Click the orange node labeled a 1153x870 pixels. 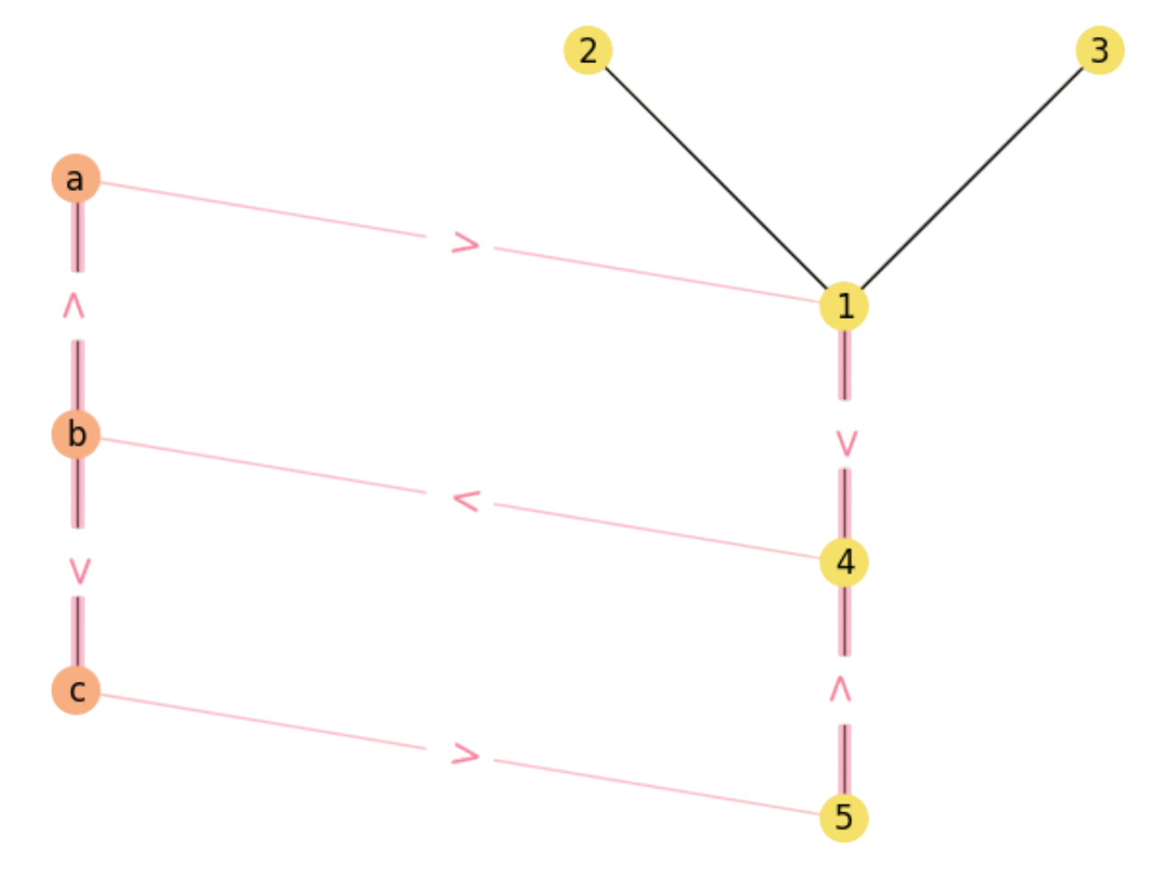tap(76, 177)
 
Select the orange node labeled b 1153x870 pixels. tap(76, 433)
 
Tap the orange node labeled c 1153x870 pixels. tap(76, 690)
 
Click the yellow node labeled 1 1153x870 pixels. tap(844, 306)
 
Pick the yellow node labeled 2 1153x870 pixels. tap(587, 50)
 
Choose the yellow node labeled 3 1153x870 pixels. tap(1100, 50)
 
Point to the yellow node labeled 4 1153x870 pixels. tap(844, 562)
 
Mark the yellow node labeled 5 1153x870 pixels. tap(844, 818)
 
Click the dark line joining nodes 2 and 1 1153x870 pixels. tap(716, 178)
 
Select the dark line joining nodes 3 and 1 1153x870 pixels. tap(972, 178)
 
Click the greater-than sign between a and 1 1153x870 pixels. tap(466, 243)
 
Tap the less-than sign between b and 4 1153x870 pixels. tap(466, 500)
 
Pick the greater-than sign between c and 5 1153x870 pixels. tap(466, 755)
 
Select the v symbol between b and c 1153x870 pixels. tap(79, 568)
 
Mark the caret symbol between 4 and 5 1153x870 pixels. tap(840, 689)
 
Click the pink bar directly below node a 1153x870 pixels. tap(77, 238)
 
